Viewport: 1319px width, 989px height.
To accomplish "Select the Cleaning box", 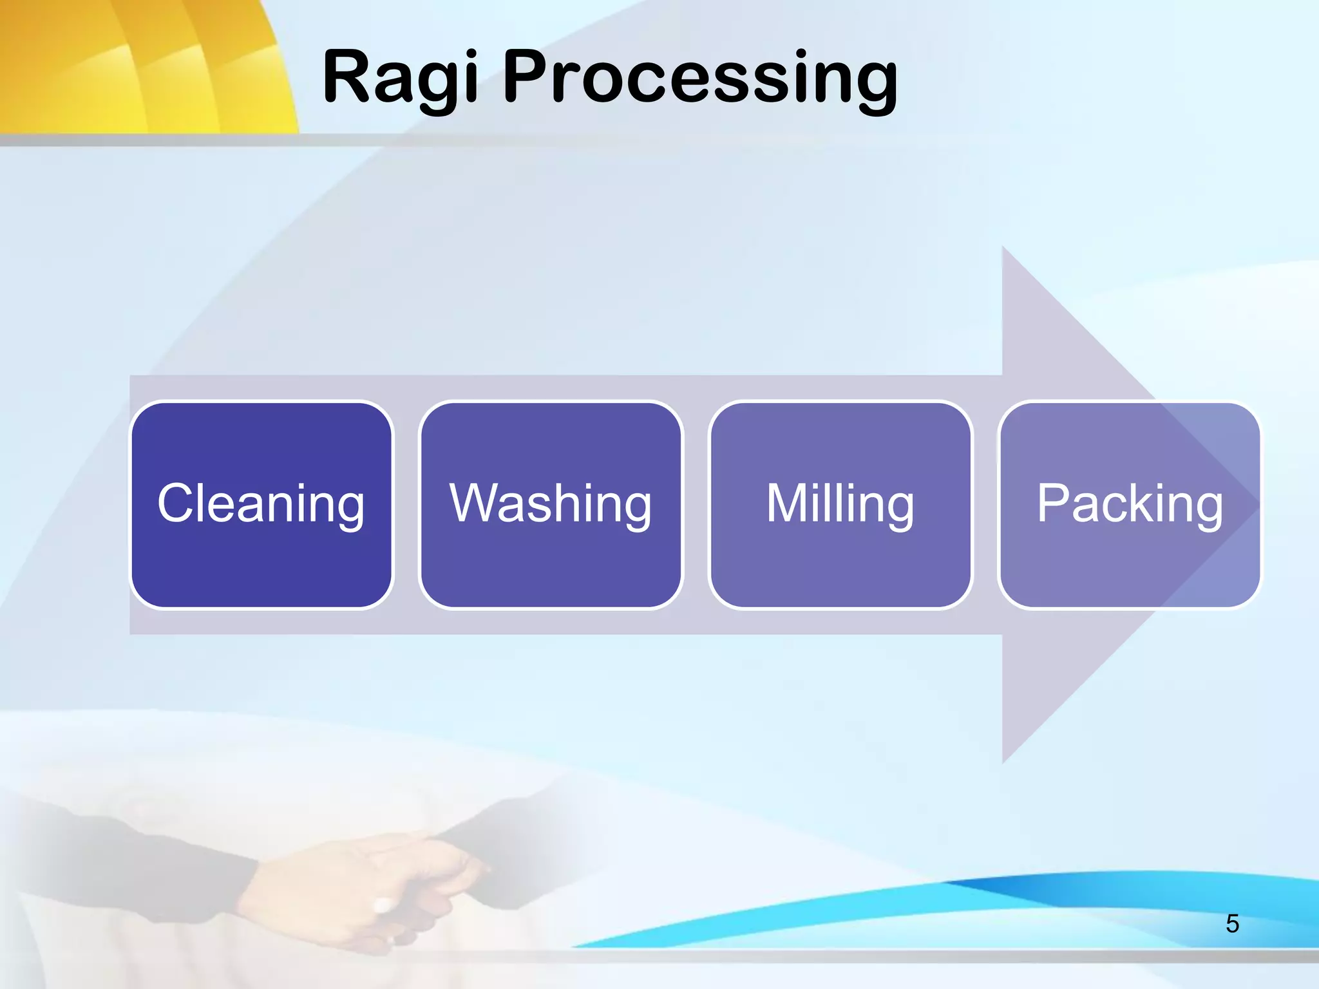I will click(261, 504).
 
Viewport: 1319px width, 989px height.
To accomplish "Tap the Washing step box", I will click(551, 504).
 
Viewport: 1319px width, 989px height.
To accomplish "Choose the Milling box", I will click(840, 504).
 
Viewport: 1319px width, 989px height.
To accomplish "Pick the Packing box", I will click(1130, 504).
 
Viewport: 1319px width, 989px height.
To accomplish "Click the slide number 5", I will click(1232, 924).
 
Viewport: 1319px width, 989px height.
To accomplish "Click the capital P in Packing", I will click(1052, 503).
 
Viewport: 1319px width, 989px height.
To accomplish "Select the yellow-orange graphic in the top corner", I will click(142, 64).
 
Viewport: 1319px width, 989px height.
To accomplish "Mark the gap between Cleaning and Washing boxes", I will click(406, 504).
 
